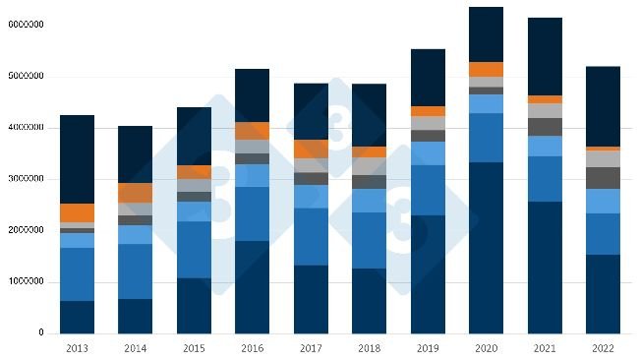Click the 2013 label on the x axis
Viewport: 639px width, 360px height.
[x=78, y=348]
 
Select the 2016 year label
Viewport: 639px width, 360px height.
[x=252, y=348]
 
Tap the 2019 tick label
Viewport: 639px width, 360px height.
[x=428, y=348]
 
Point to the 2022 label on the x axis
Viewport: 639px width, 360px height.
[x=603, y=348]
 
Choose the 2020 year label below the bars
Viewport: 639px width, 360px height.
[x=486, y=348]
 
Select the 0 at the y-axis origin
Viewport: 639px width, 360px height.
[x=41, y=333]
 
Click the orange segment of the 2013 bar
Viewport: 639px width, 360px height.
[x=78, y=212]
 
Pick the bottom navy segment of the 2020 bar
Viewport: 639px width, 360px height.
[x=486, y=247]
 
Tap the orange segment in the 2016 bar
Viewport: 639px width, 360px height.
[x=252, y=131]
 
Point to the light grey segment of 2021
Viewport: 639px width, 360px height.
[x=544, y=110]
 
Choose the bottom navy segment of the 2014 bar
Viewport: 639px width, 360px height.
[x=136, y=316]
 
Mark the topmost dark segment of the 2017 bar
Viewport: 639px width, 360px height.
[x=311, y=111]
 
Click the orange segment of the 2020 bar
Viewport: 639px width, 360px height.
[x=486, y=69]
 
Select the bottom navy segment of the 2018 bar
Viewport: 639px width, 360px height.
[x=369, y=300]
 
